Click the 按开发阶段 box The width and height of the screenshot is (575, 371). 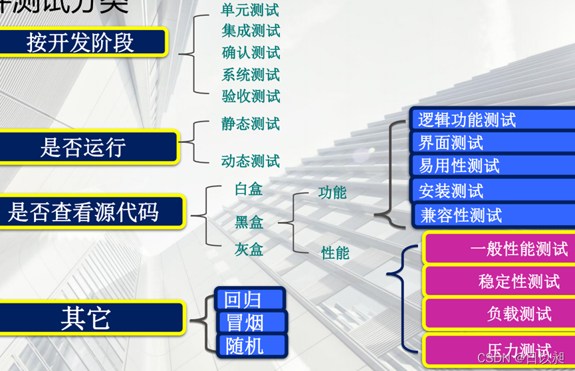[x=81, y=43]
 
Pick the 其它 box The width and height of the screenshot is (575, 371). [x=86, y=318]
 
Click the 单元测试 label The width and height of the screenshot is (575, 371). [x=251, y=11]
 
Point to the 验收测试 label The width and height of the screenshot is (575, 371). [x=251, y=96]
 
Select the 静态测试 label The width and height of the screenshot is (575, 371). [x=251, y=124]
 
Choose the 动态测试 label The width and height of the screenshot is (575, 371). [x=251, y=161]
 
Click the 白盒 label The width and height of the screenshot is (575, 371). [x=249, y=189]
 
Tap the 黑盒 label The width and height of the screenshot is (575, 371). [x=249, y=222]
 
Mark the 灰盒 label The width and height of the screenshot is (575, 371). [x=249, y=249]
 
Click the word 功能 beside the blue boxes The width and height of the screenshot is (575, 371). [x=332, y=193]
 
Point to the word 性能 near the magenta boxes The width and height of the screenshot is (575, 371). [x=335, y=253]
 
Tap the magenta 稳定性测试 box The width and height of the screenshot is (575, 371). [x=500, y=281]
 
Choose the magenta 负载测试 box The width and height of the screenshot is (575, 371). [x=500, y=314]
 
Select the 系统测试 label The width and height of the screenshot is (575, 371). [x=251, y=74]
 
